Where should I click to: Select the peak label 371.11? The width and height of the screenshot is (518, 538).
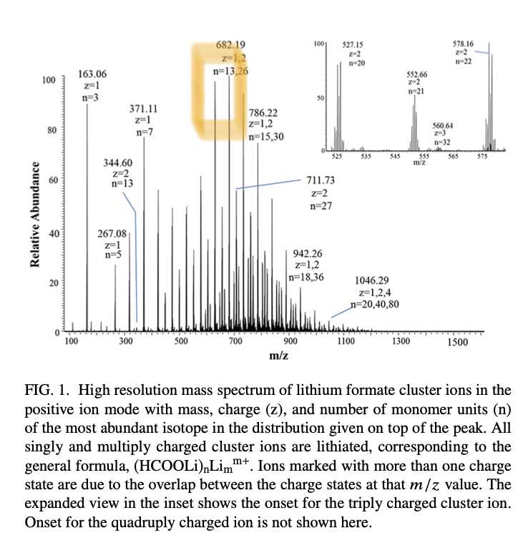[x=143, y=109]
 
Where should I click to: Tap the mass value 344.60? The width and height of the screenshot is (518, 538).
[x=117, y=162]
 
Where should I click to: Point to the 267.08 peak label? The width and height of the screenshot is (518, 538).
[x=112, y=233]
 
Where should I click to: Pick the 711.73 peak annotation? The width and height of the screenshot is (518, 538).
[x=320, y=180]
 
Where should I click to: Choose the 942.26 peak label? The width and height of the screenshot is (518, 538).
[x=308, y=253]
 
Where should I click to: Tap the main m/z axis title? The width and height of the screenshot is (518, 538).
[x=278, y=356]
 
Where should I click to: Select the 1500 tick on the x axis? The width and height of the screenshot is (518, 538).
[x=457, y=342]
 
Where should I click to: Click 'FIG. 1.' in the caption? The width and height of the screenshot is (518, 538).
[x=49, y=390]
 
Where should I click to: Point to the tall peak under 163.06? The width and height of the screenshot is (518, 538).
[x=87, y=215]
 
